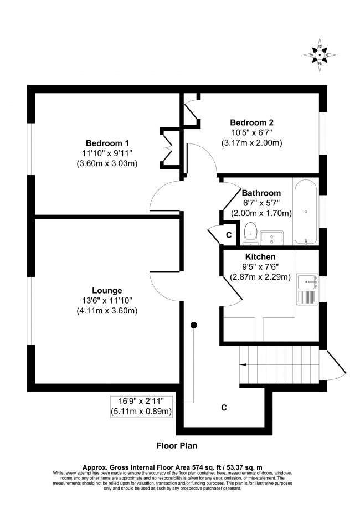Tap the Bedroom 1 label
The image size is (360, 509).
[x=107, y=141]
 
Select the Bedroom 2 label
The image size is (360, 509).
[x=252, y=122]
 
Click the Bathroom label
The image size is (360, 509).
[x=261, y=193]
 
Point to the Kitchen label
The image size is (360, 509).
[x=260, y=257]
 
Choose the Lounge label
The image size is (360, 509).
[x=107, y=290]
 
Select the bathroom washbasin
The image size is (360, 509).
[x=271, y=236]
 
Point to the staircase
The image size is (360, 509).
[x=280, y=360]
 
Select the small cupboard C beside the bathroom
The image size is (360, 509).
[x=228, y=235]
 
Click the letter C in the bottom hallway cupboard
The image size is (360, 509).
[x=224, y=408]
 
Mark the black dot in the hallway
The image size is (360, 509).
[x=194, y=325]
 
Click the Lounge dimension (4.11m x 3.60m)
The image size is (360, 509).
[x=107, y=311]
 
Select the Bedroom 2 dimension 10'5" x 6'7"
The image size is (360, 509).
[x=253, y=133]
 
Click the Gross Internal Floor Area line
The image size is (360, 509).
[x=179, y=467]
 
